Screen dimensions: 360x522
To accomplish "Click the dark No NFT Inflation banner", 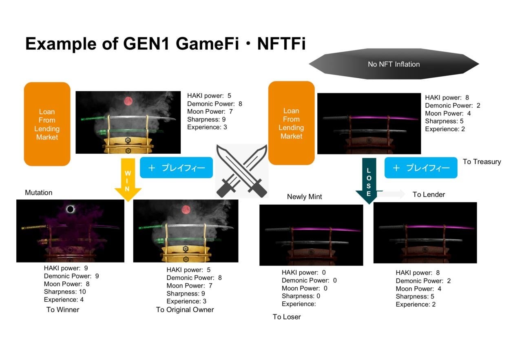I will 394,64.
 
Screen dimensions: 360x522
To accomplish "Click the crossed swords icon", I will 241,170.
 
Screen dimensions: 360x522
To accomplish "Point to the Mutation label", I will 38,192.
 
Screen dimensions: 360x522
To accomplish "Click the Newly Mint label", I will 304,197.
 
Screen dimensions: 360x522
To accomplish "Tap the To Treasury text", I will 482,162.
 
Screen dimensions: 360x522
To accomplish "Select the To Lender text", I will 429,194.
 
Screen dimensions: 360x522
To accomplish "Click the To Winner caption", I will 63,310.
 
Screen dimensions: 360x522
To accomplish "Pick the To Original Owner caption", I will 185,310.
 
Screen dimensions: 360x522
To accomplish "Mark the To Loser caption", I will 287,317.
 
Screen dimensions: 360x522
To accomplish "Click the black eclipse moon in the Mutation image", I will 71,209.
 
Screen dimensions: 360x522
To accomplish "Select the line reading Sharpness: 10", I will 65,292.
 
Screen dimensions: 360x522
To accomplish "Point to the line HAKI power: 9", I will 66,268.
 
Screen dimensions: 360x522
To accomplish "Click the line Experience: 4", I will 64,300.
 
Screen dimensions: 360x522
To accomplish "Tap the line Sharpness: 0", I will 301,296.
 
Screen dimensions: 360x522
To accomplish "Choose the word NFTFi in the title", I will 281,44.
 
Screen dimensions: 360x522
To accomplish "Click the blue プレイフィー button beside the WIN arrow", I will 176,168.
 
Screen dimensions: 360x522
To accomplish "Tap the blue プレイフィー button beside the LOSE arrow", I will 421,168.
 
